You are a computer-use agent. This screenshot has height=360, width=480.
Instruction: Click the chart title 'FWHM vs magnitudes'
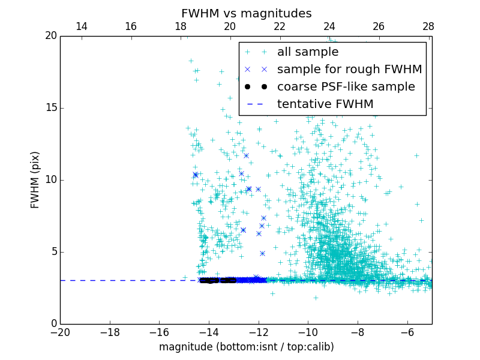coord(246,13)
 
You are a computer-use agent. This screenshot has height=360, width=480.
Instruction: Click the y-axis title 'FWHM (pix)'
coord(35,179)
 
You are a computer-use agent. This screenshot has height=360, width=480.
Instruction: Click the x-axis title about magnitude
coord(246,347)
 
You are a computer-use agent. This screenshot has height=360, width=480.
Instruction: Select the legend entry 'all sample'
coord(308,52)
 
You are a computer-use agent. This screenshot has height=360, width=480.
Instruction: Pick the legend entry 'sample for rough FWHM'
coord(349,70)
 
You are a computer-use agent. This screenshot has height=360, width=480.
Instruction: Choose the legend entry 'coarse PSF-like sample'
coord(346,87)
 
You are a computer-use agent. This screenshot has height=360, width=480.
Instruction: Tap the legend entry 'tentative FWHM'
coord(325,104)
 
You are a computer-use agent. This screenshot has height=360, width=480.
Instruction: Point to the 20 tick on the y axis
coord(50,36)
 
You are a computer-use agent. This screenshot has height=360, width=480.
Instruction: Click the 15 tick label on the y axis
coord(50,108)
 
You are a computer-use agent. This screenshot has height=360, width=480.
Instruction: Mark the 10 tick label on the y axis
coord(50,180)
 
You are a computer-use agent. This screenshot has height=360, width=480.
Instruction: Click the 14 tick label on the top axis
coord(82,26)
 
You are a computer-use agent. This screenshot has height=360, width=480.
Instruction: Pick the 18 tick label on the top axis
coord(181,26)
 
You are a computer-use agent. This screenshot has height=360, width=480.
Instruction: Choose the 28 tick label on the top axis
coord(428,26)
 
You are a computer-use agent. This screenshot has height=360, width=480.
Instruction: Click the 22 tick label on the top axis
coord(280,26)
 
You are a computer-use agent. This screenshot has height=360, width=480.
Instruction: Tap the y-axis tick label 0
coord(53,324)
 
